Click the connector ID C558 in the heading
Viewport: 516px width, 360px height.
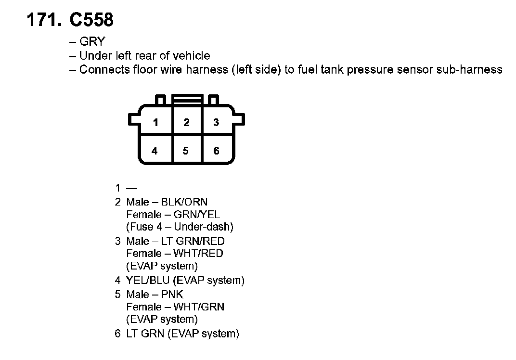pos(91,20)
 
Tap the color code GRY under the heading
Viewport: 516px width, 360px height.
pos(91,41)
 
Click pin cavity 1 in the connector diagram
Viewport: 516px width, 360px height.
pos(155,122)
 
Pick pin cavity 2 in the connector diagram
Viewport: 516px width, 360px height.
pos(186,122)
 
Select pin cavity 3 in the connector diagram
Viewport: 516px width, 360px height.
pos(216,122)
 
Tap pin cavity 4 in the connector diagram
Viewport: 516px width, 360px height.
pos(155,151)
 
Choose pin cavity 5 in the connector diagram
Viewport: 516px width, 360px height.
pos(186,151)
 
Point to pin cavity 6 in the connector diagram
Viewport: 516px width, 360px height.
pos(216,151)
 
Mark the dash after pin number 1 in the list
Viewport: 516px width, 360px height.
pos(131,188)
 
